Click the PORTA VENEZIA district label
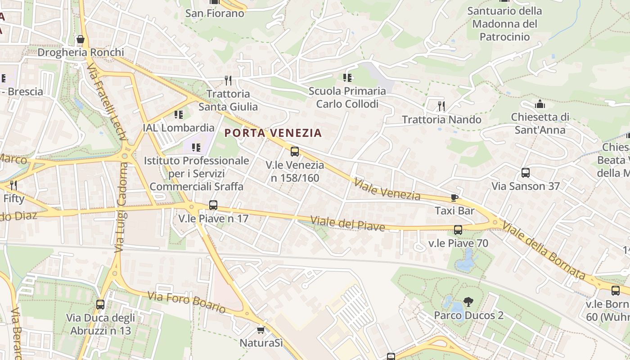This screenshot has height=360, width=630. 273,133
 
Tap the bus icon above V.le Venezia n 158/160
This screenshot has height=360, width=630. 295,152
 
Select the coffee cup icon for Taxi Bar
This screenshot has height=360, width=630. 454,198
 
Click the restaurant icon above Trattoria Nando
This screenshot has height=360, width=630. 441,106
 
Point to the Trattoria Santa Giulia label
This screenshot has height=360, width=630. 228,100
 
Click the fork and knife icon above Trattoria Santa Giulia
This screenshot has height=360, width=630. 228,81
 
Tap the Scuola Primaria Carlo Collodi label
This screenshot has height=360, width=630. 347,98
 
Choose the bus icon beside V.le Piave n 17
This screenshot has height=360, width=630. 213,205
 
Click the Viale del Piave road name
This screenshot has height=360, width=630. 348,224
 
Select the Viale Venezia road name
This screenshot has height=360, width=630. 387,189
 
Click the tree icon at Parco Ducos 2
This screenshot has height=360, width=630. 468,302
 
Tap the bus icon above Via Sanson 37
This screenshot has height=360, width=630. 525,172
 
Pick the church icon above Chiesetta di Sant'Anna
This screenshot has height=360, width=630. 540,104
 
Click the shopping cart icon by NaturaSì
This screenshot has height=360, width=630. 261,330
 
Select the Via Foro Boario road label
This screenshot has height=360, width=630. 186,302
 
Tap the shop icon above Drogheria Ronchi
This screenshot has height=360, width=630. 81,40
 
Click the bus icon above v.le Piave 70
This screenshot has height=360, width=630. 458,230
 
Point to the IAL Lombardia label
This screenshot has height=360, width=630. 179,127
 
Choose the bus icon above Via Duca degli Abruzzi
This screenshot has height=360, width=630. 100,305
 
